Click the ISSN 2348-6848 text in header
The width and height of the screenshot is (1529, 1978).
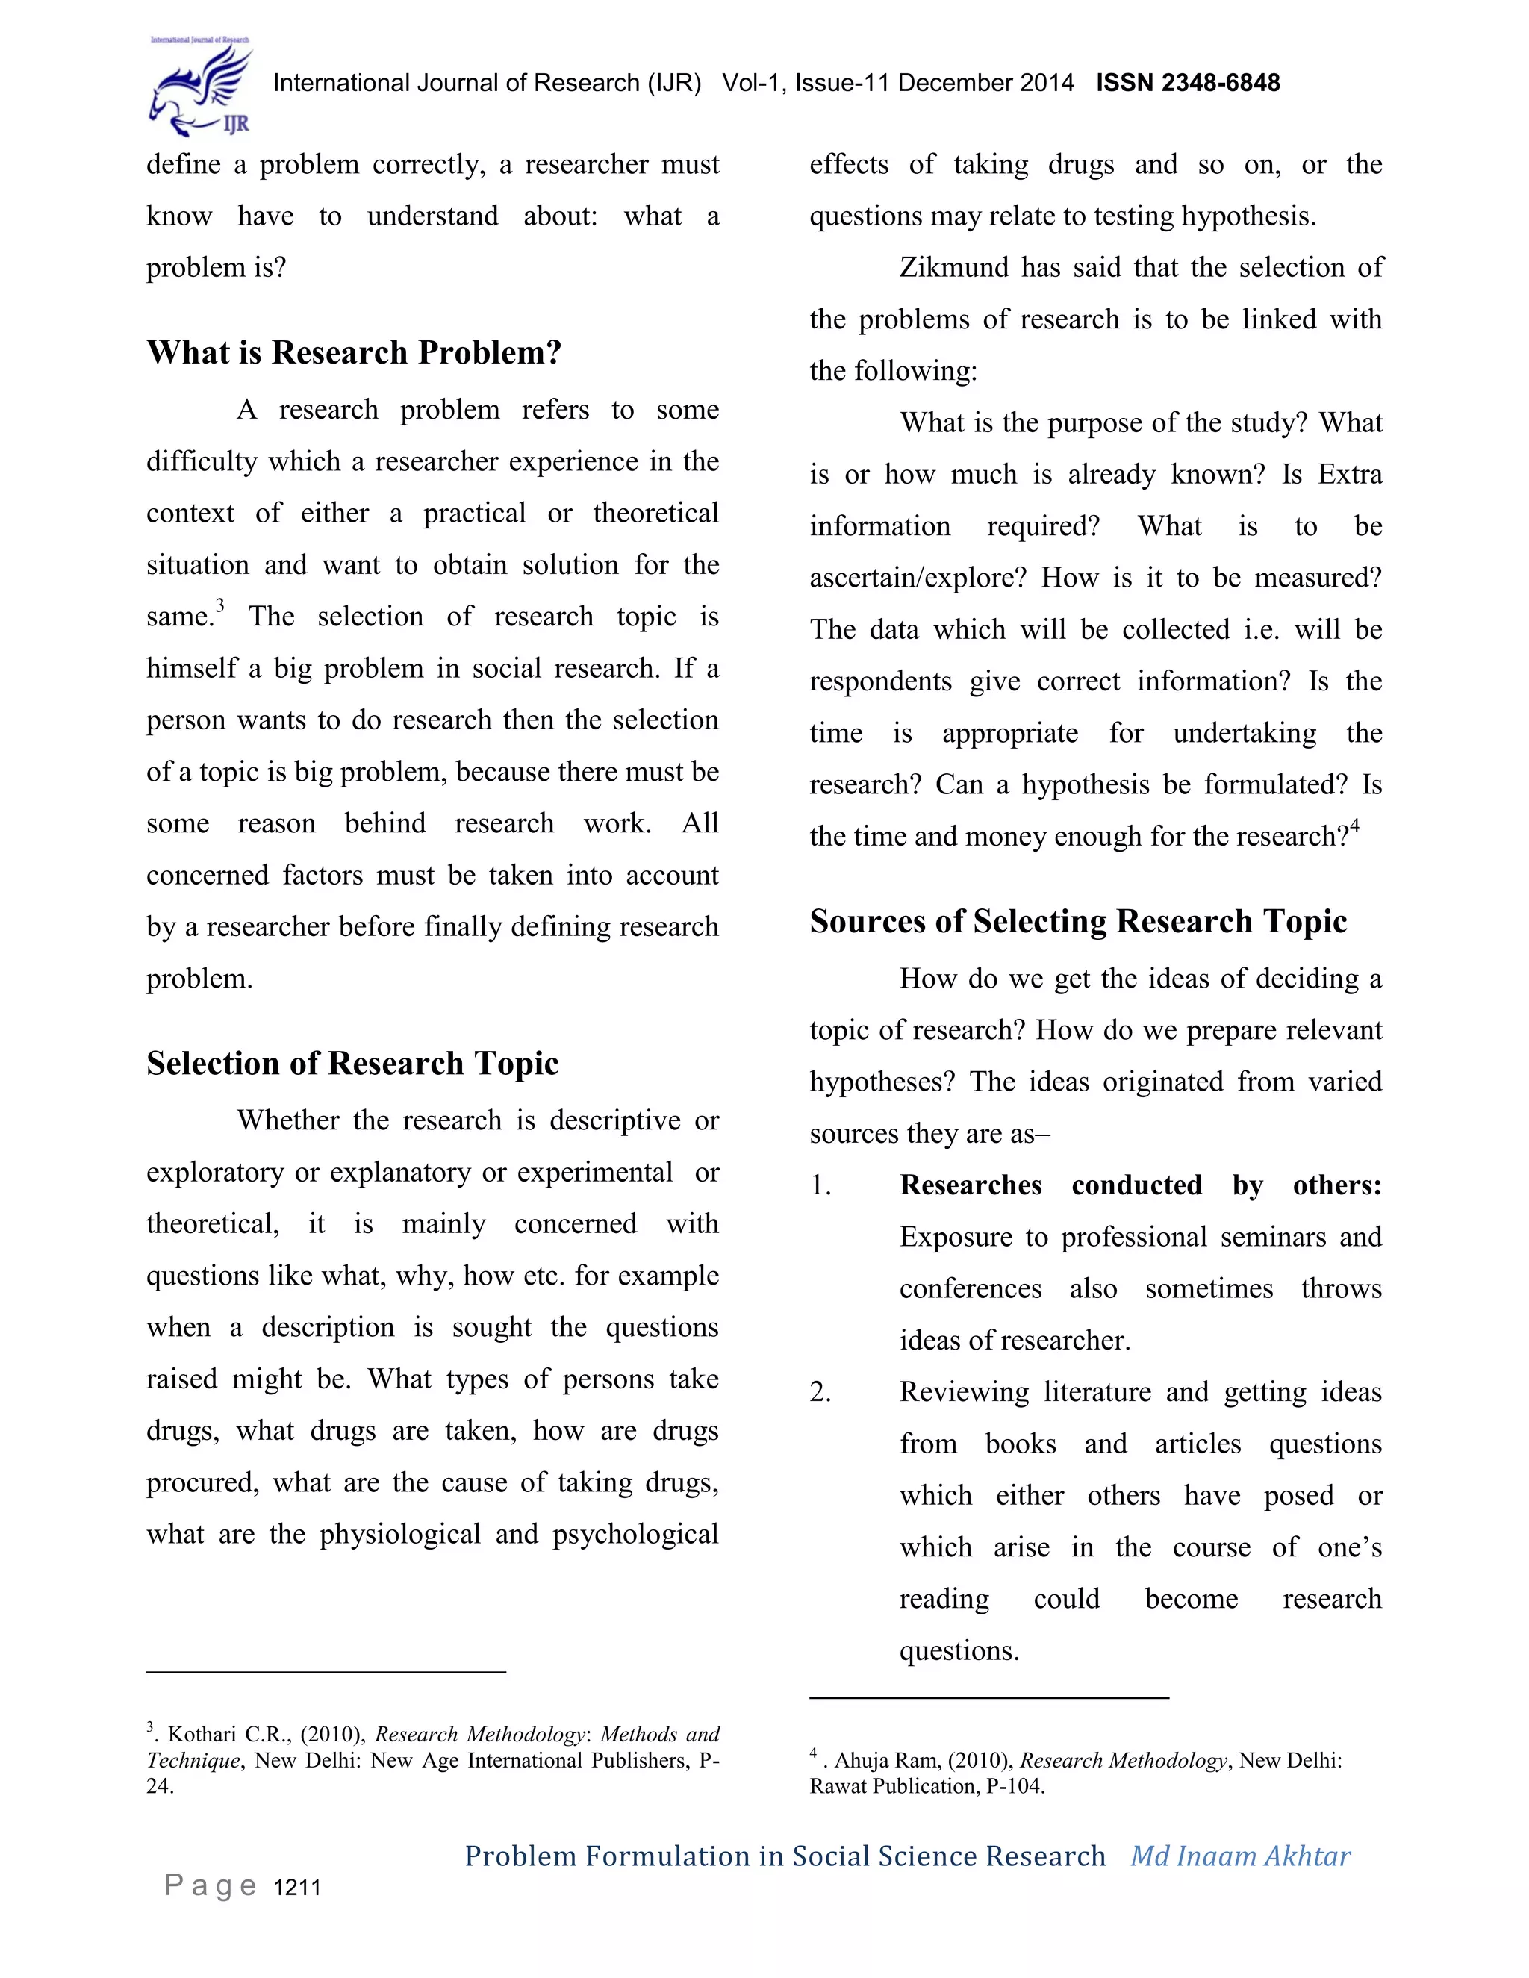[1188, 84]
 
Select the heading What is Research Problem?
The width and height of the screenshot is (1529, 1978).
[354, 352]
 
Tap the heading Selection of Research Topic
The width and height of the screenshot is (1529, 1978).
[352, 1062]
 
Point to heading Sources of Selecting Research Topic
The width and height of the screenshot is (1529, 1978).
[1078, 921]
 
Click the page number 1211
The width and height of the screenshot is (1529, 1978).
[297, 1888]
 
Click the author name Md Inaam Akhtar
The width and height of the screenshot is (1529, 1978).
[1240, 1856]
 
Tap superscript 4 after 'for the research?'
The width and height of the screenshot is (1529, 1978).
[1354, 825]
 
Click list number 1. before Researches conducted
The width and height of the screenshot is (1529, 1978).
[820, 1185]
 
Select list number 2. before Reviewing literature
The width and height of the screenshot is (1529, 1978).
[820, 1392]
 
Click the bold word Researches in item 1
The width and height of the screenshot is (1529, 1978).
[970, 1185]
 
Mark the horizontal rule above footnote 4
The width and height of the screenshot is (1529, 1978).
[989, 1697]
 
